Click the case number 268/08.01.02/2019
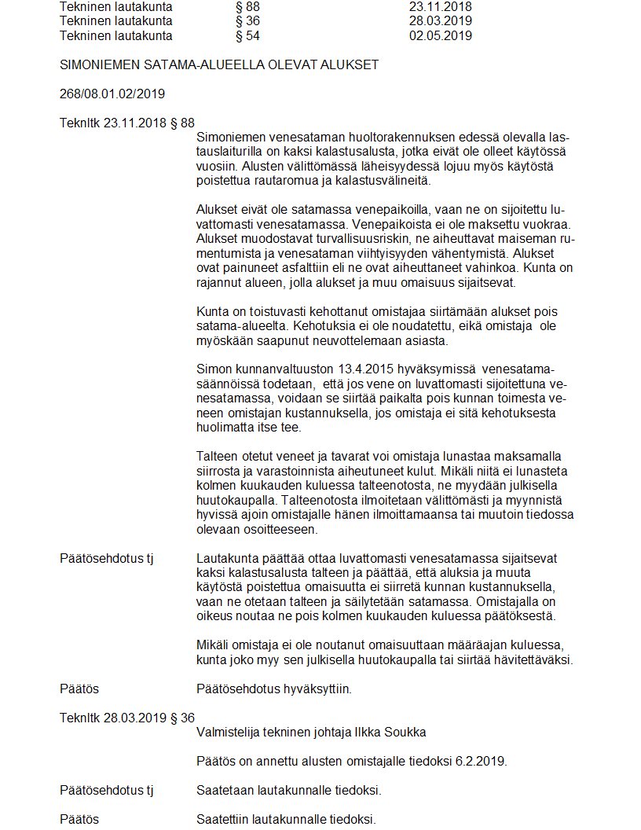click(x=112, y=94)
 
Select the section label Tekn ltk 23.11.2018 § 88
click(x=126, y=123)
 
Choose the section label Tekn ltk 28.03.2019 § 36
click(x=126, y=718)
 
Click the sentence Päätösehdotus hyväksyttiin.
click(x=273, y=689)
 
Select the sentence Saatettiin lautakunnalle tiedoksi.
click(x=286, y=820)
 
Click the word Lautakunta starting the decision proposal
click(x=226, y=558)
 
